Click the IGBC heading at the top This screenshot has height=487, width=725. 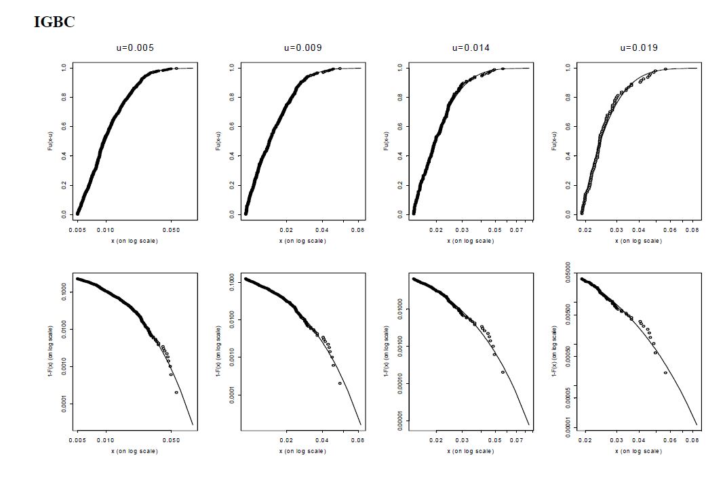point(54,22)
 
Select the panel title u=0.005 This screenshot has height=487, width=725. point(134,48)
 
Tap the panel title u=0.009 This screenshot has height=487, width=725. point(302,48)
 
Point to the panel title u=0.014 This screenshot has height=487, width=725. point(471,48)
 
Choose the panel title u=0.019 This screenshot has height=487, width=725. point(639,48)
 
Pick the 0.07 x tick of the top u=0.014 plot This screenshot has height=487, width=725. point(517,231)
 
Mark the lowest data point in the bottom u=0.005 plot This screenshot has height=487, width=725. point(176,392)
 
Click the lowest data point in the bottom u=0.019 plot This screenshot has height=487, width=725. point(665,372)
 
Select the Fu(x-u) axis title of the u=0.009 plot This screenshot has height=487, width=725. point(220,140)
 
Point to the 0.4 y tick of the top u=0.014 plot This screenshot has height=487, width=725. point(401,156)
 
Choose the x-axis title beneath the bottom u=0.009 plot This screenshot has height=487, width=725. point(302,451)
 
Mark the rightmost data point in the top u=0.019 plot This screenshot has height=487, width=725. point(665,69)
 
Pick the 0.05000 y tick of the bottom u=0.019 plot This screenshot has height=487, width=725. point(569,275)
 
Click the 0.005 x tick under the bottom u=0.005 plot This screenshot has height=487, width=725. point(79,440)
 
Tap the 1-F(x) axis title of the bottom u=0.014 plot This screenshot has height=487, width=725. point(388,352)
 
